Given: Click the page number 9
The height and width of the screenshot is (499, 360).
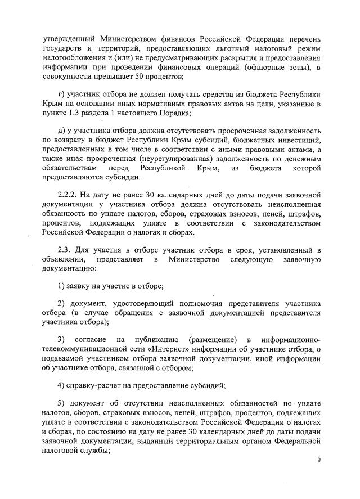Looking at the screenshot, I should point(318,460).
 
